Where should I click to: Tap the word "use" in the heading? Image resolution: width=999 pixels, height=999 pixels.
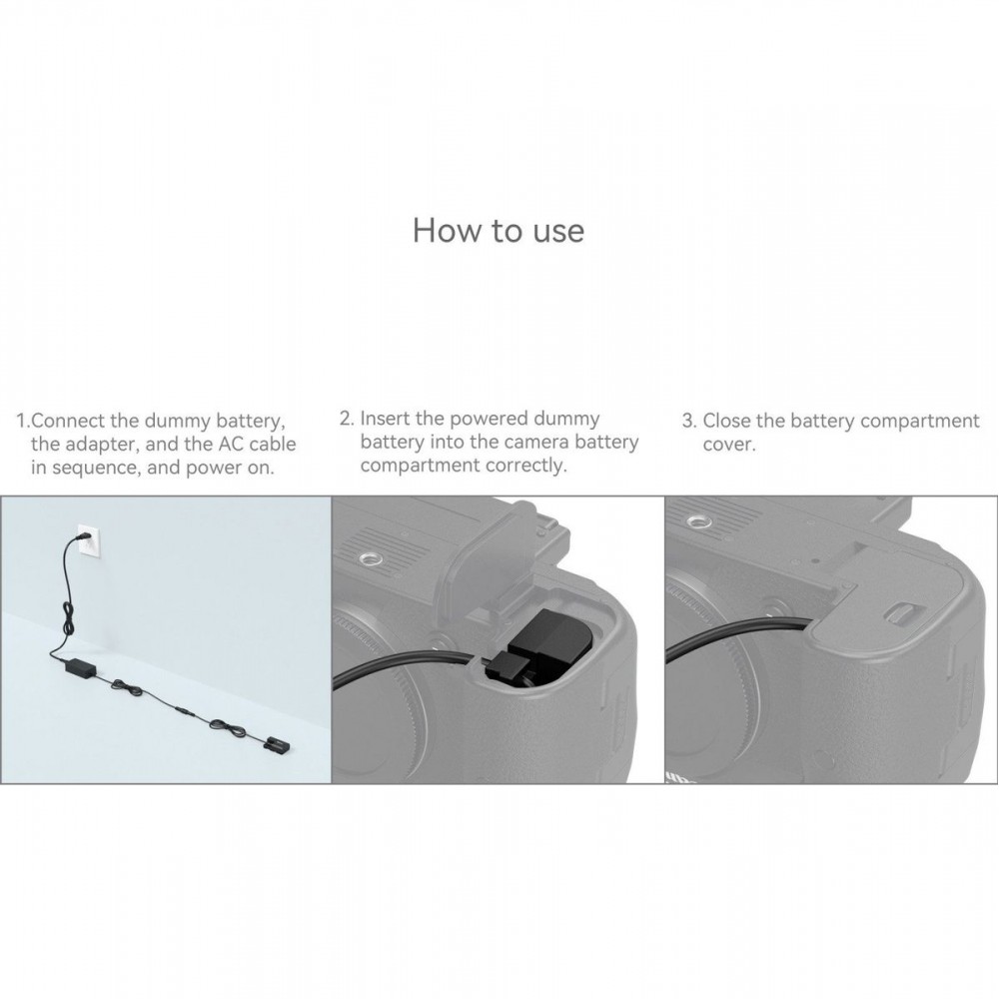click(x=558, y=233)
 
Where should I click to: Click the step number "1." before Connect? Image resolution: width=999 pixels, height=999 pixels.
click(x=23, y=422)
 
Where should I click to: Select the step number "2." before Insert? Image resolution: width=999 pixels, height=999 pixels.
click(x=347, y=419)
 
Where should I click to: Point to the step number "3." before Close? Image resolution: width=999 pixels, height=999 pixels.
click(x=689, y=422)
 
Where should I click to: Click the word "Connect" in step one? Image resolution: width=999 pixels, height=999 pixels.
click(x=68, y=422)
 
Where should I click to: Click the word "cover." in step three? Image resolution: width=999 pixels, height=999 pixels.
click(x=729, y=445)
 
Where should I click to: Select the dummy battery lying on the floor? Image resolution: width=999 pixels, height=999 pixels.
click(x=277, y=743)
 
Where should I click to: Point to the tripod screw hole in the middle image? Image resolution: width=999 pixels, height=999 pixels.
click(x=368, y=559)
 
